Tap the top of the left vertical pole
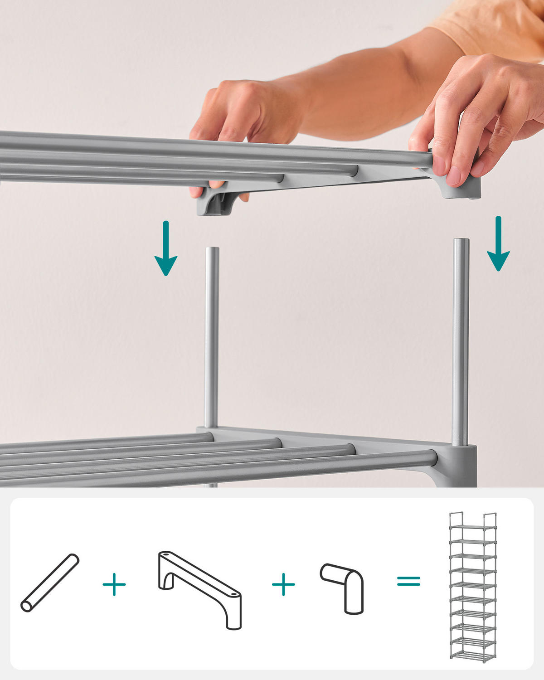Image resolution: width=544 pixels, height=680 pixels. coord(212,250)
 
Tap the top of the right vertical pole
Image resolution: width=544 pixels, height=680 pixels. coord(461,241)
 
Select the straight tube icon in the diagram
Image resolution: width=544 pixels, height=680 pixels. coord(50,583)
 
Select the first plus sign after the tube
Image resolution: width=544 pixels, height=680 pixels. coord(114,584)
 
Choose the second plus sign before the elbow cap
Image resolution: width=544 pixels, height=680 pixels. coord(283,584)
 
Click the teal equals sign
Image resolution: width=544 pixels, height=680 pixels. coord(408,581)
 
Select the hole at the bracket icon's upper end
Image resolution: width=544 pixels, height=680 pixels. coord(166,554)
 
